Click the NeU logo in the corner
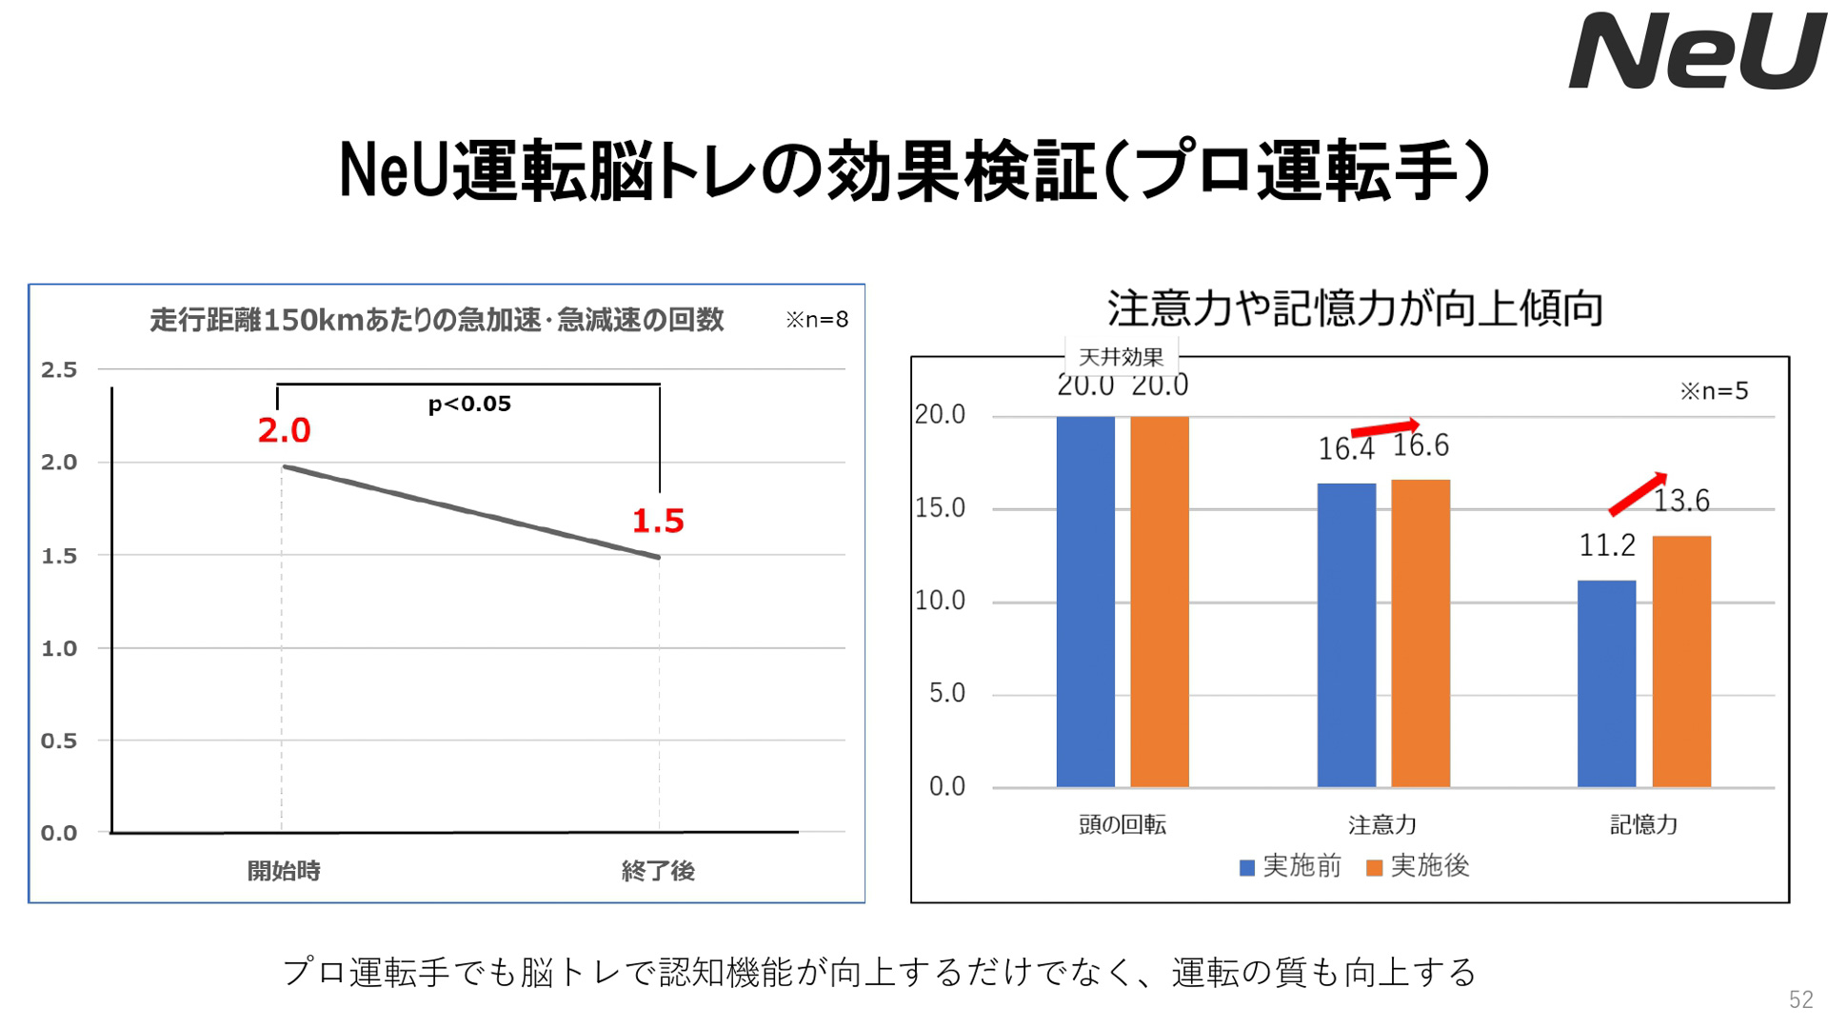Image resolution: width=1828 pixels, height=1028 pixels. (1696, 51)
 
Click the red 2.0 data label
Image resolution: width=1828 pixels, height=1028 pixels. (284, 431)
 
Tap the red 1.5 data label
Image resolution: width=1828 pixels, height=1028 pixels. (658, 522)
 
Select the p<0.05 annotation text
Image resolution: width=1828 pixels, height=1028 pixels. (469, 405)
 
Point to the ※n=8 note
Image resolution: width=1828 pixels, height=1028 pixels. (817, 320)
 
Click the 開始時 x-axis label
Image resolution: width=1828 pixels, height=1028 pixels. (284, 871)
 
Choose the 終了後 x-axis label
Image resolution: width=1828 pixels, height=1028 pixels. (658, 871)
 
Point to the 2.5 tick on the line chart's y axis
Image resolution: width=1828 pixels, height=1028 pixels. (59, 370)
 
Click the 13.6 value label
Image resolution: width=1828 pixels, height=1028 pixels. (1681, 501)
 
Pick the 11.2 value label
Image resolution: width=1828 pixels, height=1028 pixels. (1607, 546)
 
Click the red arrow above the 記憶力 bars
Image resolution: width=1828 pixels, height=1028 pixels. (1638, 493)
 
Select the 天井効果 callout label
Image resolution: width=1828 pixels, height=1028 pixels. (1121, 358)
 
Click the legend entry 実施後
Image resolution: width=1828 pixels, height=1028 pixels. (1419, 866)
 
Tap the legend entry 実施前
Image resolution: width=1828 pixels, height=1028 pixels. (1291, 866)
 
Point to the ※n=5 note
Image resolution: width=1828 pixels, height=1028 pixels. (1714, 391)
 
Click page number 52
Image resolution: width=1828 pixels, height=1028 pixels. (1800, 999)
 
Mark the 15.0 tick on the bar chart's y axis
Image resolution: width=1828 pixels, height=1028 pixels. (940, 508)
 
